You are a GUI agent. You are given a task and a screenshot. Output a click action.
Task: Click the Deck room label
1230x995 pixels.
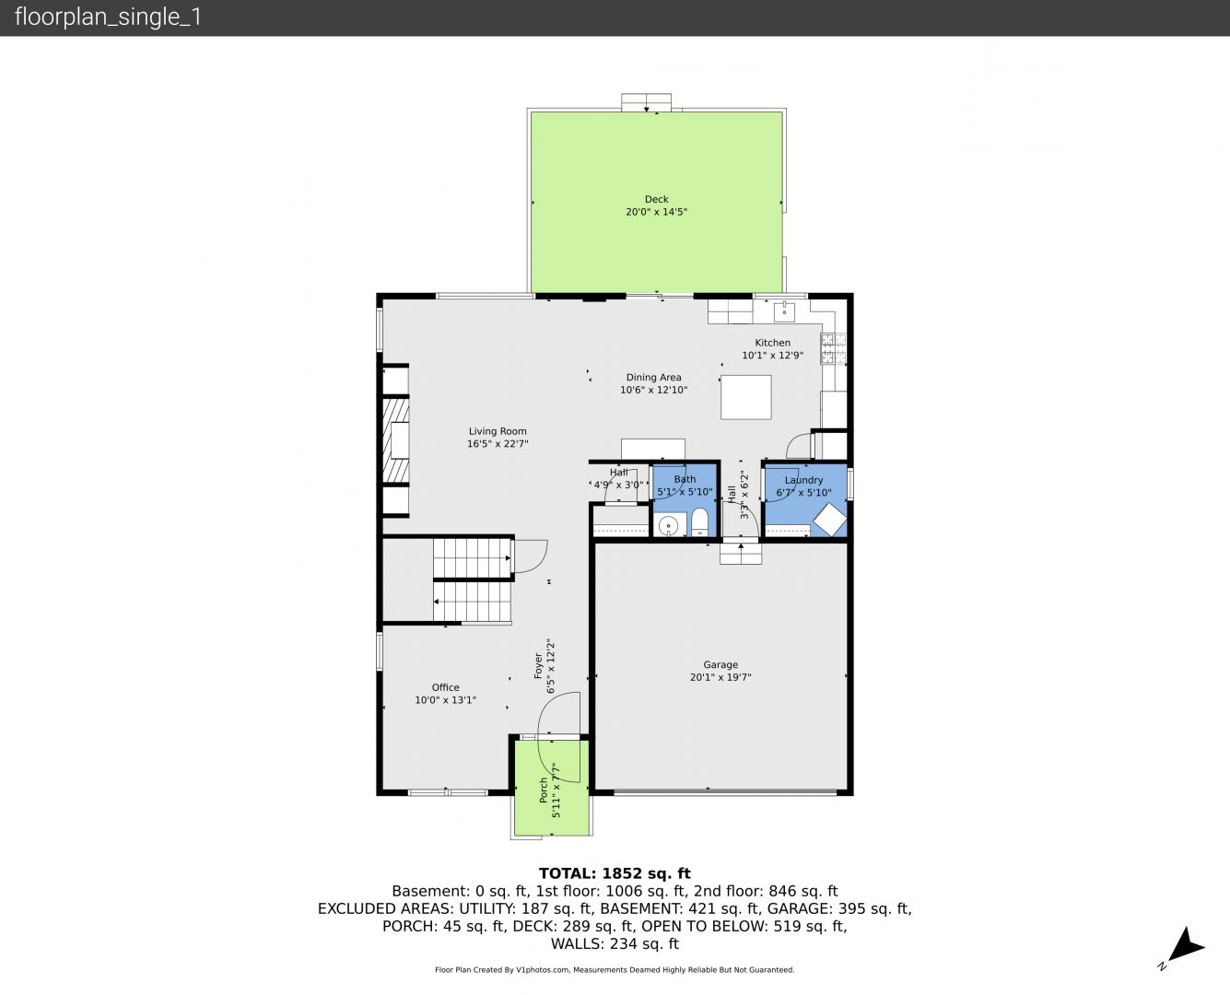click(x=657, y=199)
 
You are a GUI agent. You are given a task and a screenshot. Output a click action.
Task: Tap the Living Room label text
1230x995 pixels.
click(x=498, y=431)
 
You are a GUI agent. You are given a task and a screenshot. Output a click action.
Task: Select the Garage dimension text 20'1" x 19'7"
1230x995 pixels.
click(x=720, y=677)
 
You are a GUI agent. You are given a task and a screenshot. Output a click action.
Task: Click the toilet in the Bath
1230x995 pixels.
click(x=699, y=521)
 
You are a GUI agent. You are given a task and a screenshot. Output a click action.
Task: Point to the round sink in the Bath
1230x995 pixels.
click(x=669, y=526)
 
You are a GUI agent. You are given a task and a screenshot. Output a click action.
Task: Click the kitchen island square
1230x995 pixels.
click(x=745, y=397)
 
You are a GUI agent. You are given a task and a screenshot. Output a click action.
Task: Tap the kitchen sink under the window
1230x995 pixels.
click(x=784, y=310)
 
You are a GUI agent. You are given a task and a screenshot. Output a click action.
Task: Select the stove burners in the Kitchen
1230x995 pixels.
click(x=833, y=348)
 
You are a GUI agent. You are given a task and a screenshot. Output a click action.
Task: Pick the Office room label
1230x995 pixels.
click(x=445, y=687)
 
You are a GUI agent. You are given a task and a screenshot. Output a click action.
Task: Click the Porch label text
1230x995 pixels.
click(x=543, y=790)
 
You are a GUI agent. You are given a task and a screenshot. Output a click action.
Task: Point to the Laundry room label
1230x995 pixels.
click(x=803, y=480)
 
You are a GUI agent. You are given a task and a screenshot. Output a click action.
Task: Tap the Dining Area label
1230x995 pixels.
click(x=653, y=377)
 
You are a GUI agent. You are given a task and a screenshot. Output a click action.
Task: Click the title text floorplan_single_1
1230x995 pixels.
click(x=108, y=18)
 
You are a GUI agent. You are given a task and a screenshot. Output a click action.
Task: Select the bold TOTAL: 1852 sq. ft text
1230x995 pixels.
click(x=615, y=873)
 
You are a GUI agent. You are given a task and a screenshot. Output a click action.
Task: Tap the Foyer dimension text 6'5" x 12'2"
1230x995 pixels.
click(x=551, y=666)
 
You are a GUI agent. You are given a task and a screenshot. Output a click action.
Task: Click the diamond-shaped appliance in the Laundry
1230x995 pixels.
click(x=830, y=520)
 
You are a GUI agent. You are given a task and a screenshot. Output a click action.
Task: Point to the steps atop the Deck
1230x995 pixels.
click(x=646, y=102)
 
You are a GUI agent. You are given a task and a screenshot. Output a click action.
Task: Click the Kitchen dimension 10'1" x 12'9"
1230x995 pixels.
click(x=772, y=355)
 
